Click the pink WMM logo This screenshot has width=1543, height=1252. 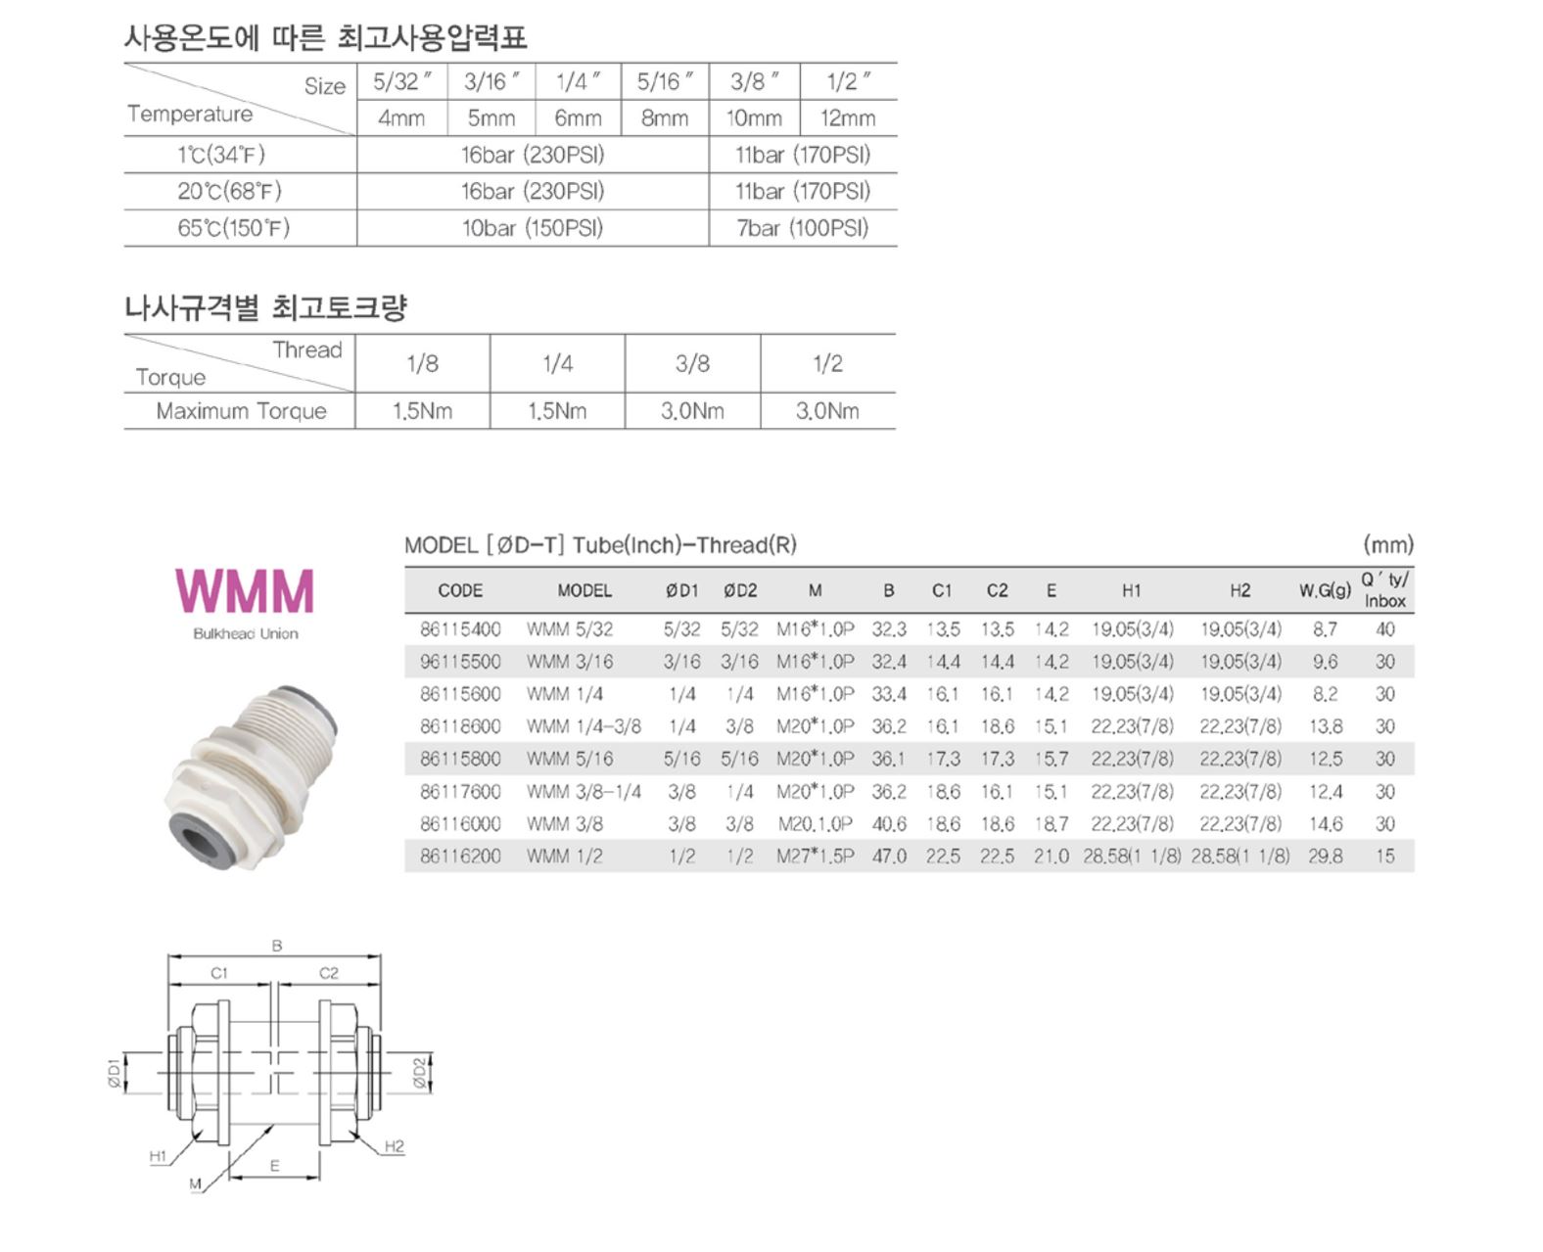click(x=244, y=590)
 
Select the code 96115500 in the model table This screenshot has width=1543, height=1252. click(x=460, y=661)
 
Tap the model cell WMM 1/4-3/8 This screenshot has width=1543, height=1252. click(x=584, y=725)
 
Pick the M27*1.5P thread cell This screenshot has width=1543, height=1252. click(x=815, y=856)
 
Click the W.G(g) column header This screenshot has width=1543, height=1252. click(x=1325, y=590)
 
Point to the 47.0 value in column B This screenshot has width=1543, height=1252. click(x=889, y=856)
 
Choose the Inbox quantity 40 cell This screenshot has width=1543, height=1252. click(x=1384, y=628)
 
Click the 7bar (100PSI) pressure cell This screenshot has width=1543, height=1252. click(x=802, y=228)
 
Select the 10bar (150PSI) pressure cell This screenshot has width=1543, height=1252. click(x=533, y=228)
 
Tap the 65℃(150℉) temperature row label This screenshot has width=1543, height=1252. click(x=233, y=228)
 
